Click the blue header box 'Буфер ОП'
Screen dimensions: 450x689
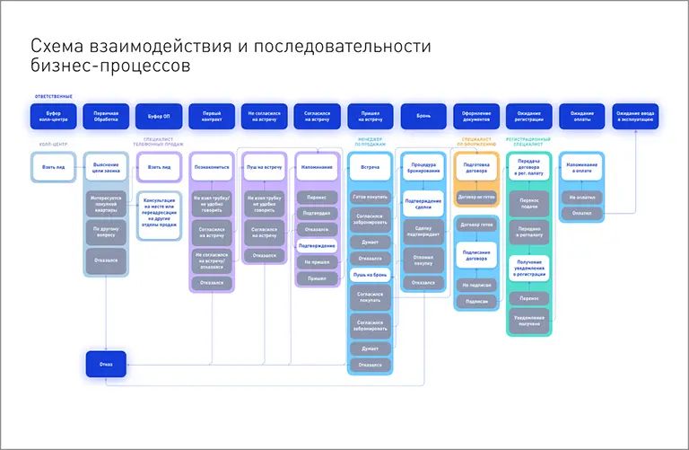tap(159, 116)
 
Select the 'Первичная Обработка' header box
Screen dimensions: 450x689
tap(106, 116)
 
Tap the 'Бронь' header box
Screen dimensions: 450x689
tap(423, 116)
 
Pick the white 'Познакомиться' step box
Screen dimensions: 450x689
tap(212, 167)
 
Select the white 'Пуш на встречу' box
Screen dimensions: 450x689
tap(264, 167)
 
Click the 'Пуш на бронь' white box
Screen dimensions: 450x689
tap(370, 273)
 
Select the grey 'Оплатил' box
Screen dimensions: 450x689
tap(581, 213)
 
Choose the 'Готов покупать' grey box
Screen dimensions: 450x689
tap(370, 197)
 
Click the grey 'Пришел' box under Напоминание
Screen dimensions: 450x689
tap(317, 278)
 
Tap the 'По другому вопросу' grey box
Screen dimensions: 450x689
tap(106, 232)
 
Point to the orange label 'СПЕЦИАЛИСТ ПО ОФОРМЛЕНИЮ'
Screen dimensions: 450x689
tap(476, 140)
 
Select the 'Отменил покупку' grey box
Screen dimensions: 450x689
tap(423, 260)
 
